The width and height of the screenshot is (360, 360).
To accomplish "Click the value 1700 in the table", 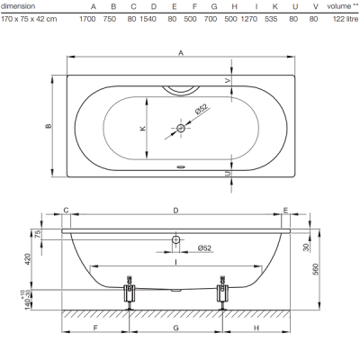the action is click(87, 19).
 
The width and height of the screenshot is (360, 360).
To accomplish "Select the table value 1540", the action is click(148, 19).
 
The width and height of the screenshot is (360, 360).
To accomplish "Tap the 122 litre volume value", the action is click(346, 19).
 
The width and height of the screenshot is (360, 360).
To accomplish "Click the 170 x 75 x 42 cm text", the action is click(29, 19).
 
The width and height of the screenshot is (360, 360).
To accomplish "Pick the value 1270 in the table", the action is click(249, 19).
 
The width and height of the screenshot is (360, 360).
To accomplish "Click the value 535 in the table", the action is click(271, 19).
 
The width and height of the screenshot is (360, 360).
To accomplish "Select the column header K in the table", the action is click(274, 6).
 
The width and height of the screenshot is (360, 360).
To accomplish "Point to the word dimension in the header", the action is click(18, 6).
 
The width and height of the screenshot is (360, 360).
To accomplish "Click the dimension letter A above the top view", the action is click(181, 53).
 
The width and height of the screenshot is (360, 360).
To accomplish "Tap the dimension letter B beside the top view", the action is click(49, 126).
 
